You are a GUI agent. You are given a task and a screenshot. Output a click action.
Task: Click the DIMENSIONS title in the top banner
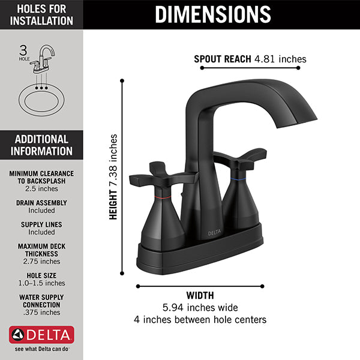click(x=213, y=14)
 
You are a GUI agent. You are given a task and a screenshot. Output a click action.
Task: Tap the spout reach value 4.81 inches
click(x=280, y=59)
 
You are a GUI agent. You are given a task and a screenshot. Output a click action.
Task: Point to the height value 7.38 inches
click(x=113, y=161)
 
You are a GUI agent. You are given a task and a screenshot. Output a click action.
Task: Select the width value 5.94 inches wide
click(x=200, y=307)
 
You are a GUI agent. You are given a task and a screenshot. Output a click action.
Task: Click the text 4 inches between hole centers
click(x=200, y=320)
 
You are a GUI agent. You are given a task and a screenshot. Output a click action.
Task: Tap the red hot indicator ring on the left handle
click(x=163, y=197)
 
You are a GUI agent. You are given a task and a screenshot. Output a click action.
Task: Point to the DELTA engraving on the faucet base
click(x=214, y=233)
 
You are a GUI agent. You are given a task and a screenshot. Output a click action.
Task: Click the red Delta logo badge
click(x=41, y=335)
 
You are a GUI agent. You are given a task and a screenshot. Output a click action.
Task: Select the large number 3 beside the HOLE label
click(x=23, y=50)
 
